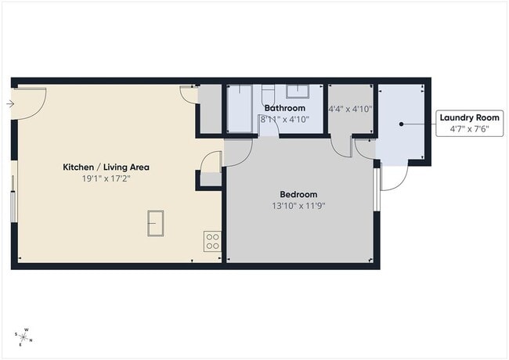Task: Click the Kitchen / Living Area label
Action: [x=106, y=167]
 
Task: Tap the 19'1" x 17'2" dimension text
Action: [x=106, y=179]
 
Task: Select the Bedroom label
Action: [x=298, y=194]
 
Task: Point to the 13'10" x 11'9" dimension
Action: [x=298, y=207]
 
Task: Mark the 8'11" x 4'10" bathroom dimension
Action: [x=285, y=119]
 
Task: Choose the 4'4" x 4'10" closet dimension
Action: [x=350, y=110]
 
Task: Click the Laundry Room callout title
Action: [x=469, y=117]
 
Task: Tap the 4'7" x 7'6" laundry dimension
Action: [x=469, y=129]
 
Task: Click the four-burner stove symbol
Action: [x=211, y=240]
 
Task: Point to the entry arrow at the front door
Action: [x=9, y=103]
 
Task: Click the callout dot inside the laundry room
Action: [x=401, y=124]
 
